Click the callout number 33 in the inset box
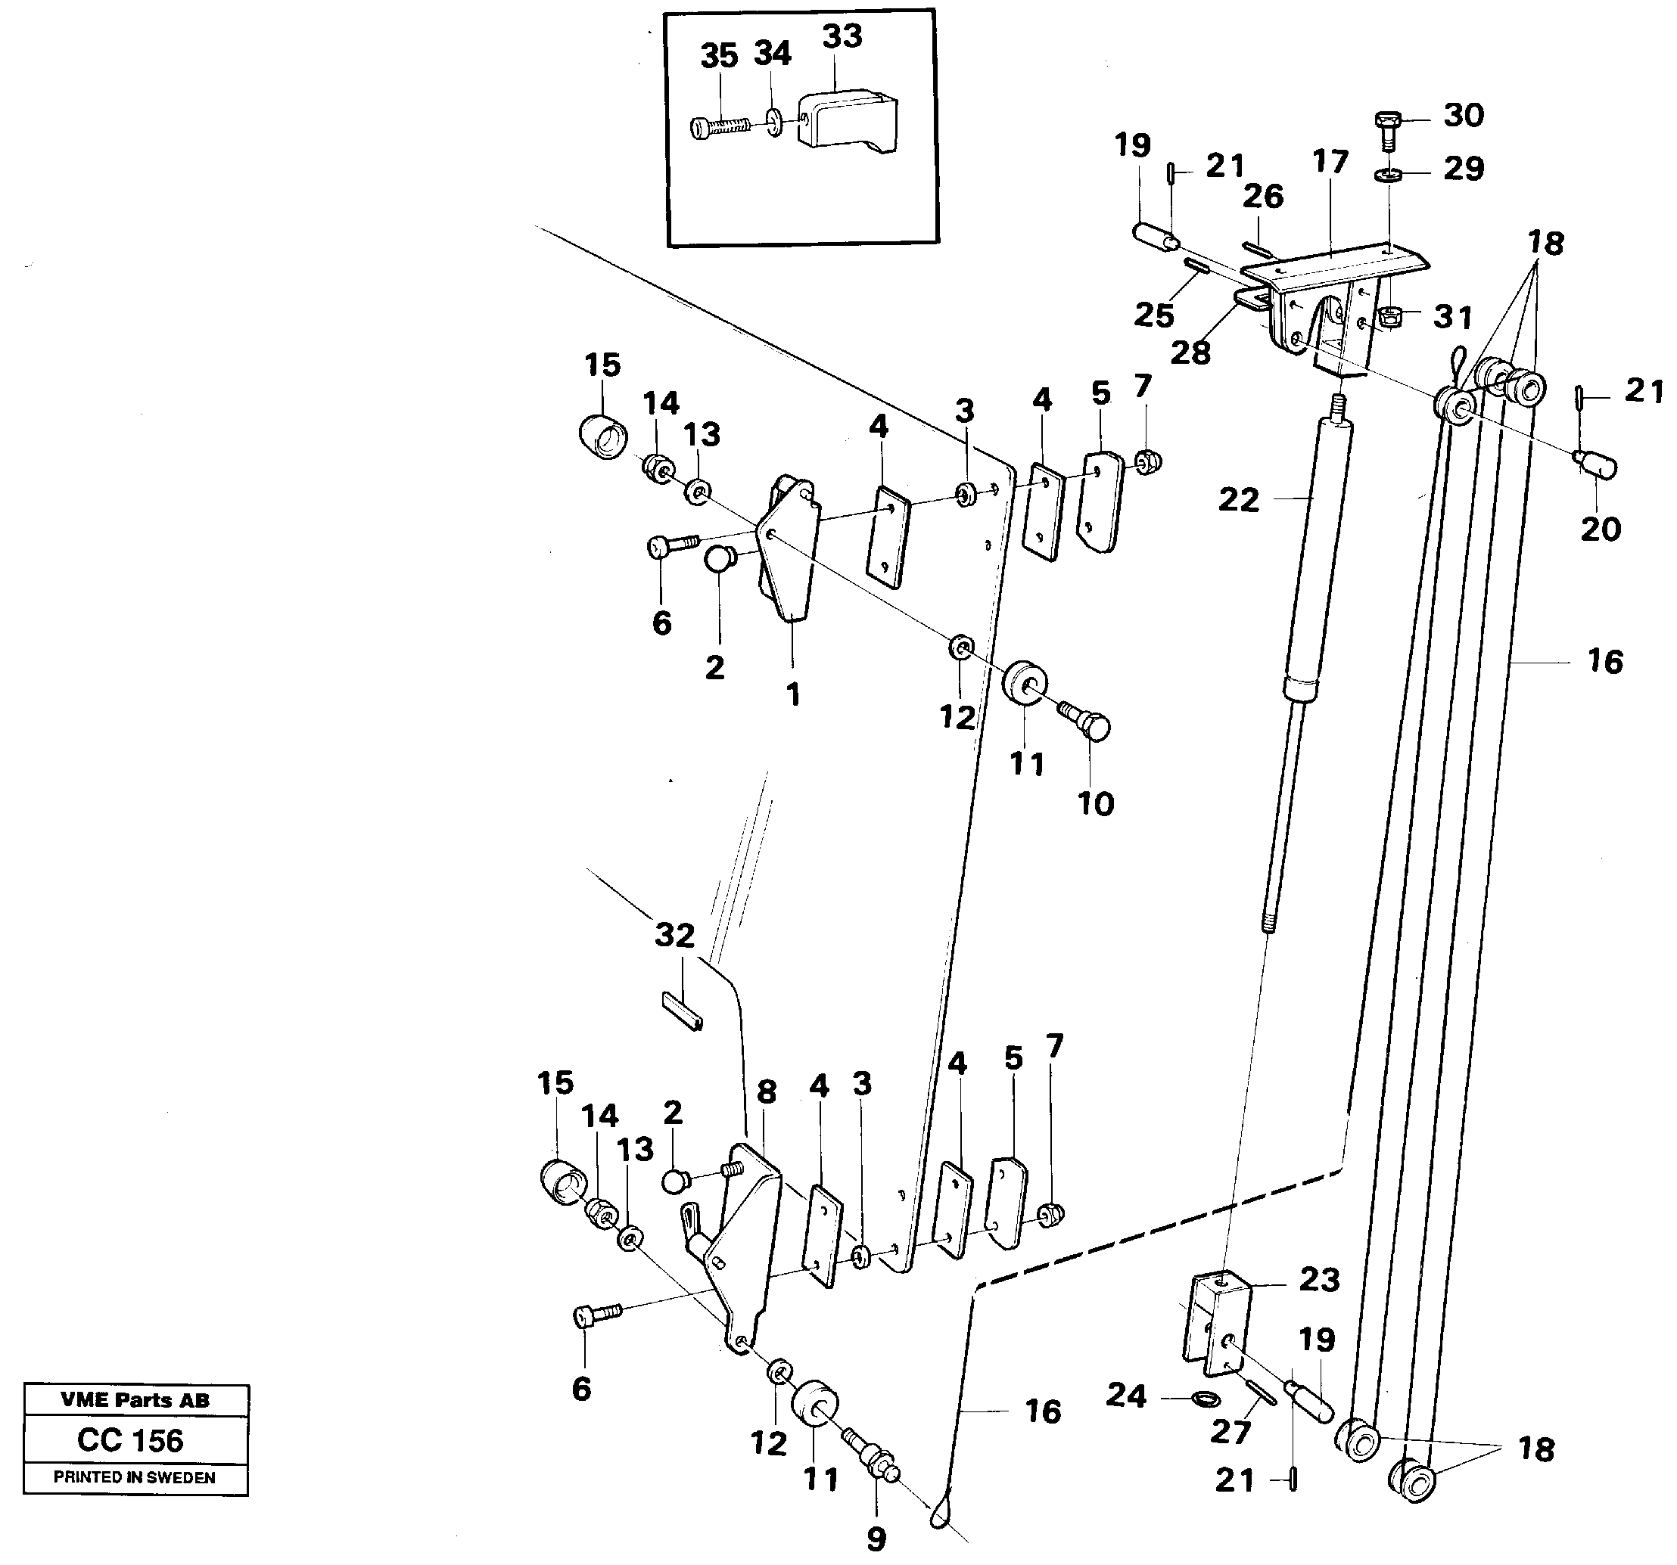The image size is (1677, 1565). tap(842, 37)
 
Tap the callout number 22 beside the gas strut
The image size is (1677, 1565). tap(1238, 500)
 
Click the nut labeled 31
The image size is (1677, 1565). tap(1389, 318)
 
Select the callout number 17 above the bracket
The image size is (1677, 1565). tap(1330, 162)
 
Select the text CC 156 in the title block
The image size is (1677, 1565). tap(130, 1440)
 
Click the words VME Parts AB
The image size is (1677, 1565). tap(135, 1401)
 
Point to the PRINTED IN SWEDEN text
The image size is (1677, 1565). tap(134, 1477)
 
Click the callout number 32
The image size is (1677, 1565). tap(675, 935)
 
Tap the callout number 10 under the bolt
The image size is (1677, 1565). tap(1095, 803)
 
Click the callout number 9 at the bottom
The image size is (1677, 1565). tap(876, 1540)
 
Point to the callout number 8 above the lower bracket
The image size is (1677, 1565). tap(766, 1092)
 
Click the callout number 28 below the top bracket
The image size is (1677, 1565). tap(1190, 352)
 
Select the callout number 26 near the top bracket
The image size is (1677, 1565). tap(1263, 197)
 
